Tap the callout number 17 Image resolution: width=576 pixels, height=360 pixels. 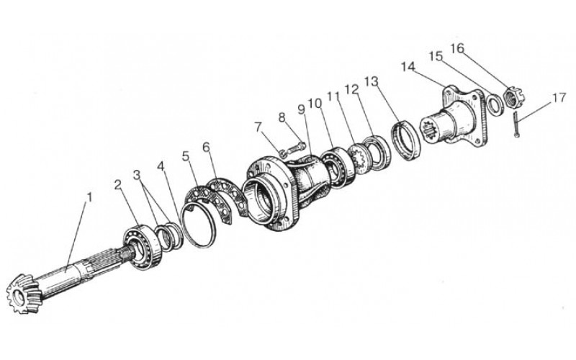tap(559, 98)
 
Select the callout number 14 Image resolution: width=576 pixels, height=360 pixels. tap(408, 67)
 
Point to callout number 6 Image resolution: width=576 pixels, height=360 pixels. tap(206, 148)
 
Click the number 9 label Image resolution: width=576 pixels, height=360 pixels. tap(301, 109)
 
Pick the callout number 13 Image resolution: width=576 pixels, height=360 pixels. tap(371, 81)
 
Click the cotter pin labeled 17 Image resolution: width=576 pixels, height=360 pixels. tap(516, 125)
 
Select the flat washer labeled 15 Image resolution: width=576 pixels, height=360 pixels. tap(495, 104)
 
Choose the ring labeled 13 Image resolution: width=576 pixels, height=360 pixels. tap(405, 141)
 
